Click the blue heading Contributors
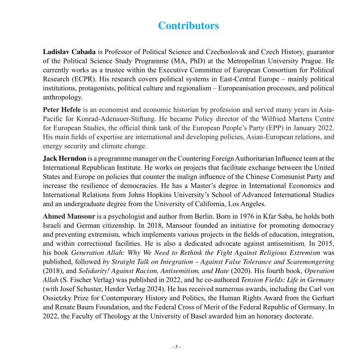[188, 26]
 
